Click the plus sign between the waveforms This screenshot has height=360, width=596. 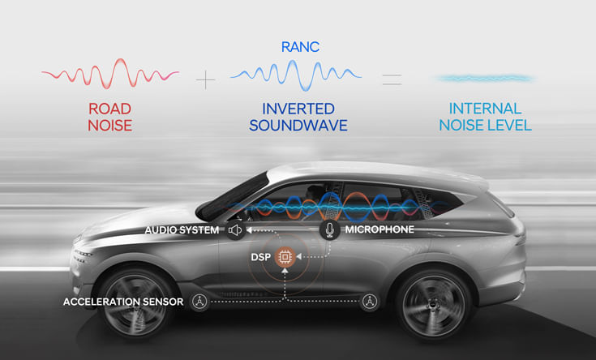[206, 79]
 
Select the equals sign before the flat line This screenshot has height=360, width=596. [392, 79]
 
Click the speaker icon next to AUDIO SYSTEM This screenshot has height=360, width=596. [235, 230]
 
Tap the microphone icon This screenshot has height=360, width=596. [329, 230]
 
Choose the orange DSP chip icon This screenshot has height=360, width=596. [285, 258]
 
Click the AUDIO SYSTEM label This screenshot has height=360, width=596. [182, 230]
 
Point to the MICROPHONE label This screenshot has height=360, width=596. [379, 230]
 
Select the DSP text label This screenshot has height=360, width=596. [260, 258]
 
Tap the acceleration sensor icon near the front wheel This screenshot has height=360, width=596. [199, 302]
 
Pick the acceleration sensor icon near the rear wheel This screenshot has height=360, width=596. [370, 302]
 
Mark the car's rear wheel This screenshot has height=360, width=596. [433, 302]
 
